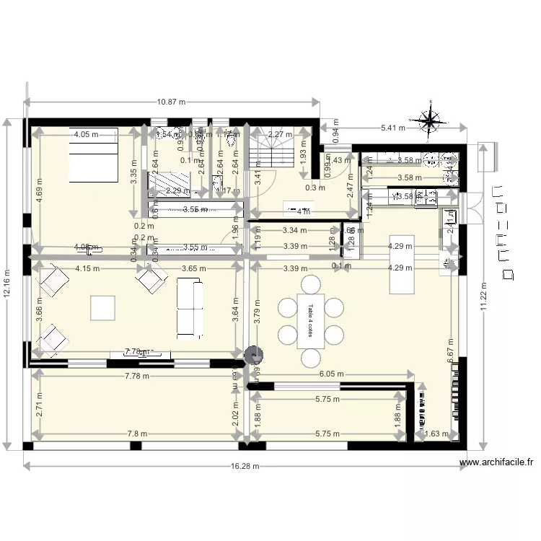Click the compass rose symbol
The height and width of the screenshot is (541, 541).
pos(430,122)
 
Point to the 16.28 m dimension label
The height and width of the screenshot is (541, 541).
pos(246,467)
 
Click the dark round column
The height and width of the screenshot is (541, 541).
pos(254,354)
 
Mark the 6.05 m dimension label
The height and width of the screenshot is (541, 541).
pos(332,374)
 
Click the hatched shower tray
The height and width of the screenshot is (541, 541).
pos(170,180)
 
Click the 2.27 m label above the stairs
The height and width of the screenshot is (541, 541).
pos(280,134)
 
